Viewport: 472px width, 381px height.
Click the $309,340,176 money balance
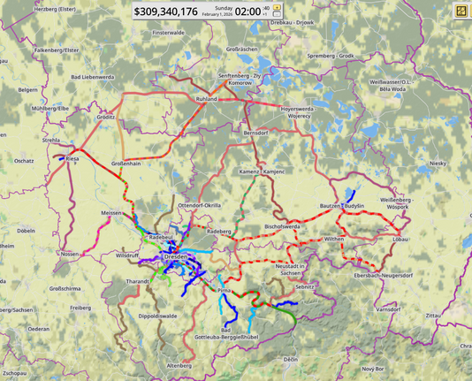tap(165, 11)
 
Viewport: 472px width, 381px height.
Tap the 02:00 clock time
tap(248, 11)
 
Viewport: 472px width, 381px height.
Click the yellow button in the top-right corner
tap(461, 11)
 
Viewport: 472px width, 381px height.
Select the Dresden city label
tap(177, 255)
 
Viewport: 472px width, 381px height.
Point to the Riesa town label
tap(72, 159)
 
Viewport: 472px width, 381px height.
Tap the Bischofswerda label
tap(283, 226)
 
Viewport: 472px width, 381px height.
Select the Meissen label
tap(112, 213)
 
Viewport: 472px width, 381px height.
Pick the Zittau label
tap(433, 315)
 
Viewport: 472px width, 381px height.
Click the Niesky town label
tap(438, 164)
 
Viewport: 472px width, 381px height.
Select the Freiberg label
tap(80, 308)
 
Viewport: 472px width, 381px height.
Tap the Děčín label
tap(291, 360)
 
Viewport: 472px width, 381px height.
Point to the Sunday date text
tap(217, 7)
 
